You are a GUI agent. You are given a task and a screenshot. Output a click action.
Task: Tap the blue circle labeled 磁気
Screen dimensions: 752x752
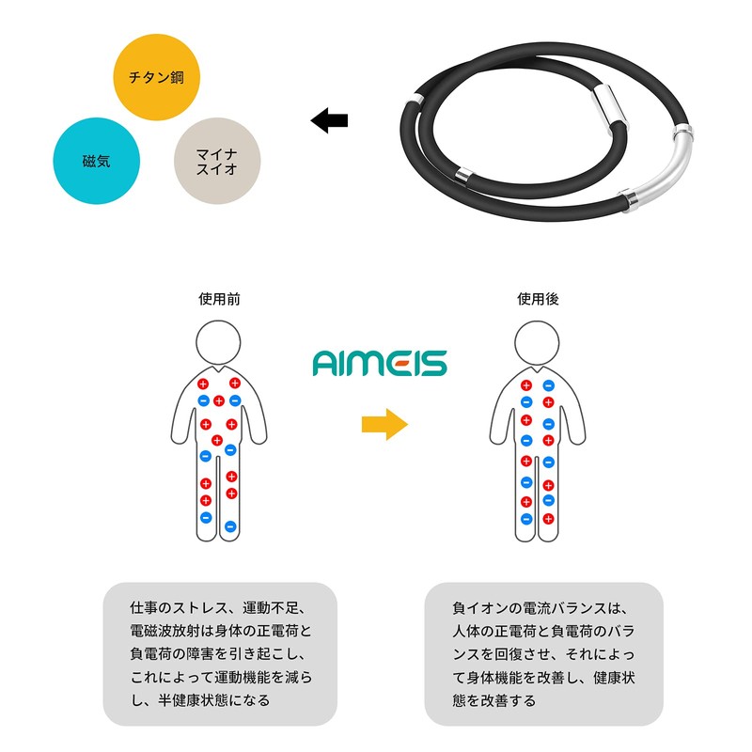tap(96, 161)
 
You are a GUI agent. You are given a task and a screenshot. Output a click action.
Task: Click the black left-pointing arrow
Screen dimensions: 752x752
tap(329, 120)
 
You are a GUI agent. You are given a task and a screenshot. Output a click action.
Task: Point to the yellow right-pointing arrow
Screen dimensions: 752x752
tap(384, 424)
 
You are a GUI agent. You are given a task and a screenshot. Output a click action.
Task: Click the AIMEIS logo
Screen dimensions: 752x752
tap(380, 363)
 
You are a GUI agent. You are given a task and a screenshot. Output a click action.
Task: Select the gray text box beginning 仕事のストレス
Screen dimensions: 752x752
tap(219, 653)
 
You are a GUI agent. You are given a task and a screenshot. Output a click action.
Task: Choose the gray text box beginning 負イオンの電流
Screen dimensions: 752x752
tap(543, 653)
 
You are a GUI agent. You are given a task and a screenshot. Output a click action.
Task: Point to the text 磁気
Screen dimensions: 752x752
tap(96, 161)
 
